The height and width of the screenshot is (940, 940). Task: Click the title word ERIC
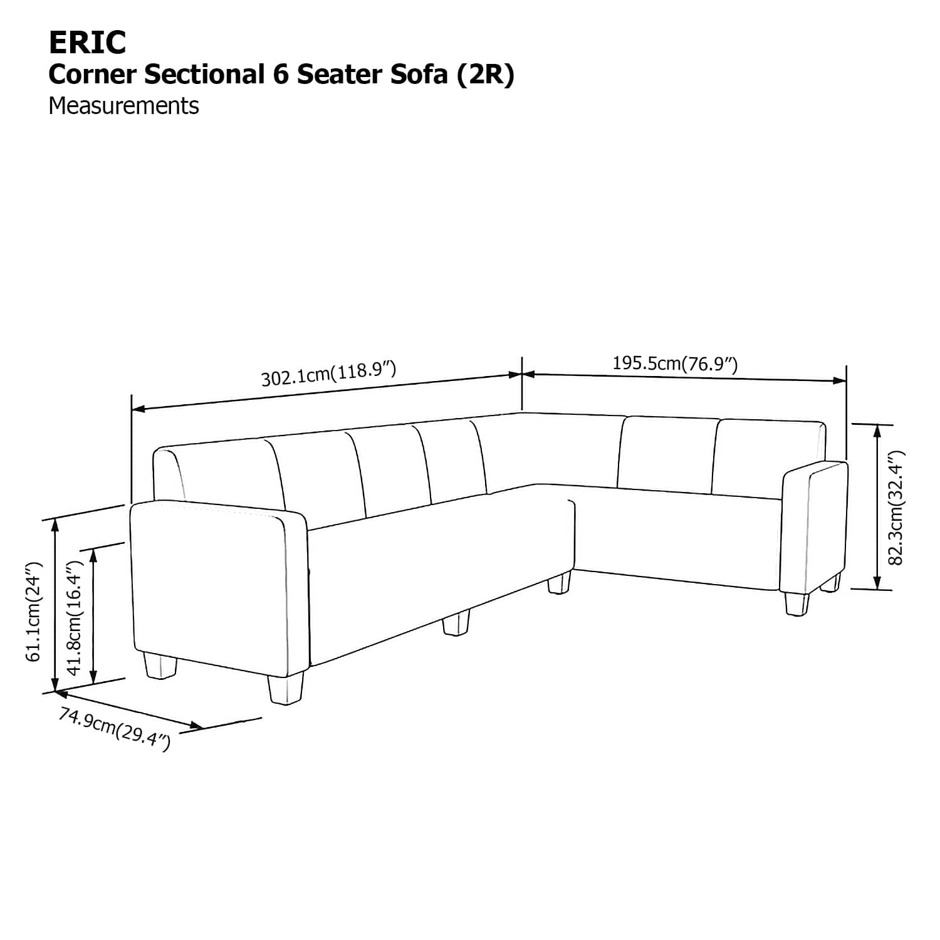(x=87, y=43)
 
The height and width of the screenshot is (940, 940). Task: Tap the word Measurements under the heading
(x=123, y=106)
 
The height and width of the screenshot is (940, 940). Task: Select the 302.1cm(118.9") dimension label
(x=328, y=373)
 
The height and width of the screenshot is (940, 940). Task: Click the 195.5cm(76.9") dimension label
(x=675, y=363)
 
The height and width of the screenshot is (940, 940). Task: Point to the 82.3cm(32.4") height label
(x=897, y=508)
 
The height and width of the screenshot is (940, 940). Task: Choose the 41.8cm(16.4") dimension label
(x=75, y=617)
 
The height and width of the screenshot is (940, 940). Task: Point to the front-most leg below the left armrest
(x=286, y=689)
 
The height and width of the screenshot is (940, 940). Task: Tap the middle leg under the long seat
(x=456, y=624)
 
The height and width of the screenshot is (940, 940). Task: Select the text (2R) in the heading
(x=486, y=75)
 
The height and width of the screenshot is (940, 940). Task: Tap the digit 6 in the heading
(x=280, y=75)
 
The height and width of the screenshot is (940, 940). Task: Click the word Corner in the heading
(x=92, y=75)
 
